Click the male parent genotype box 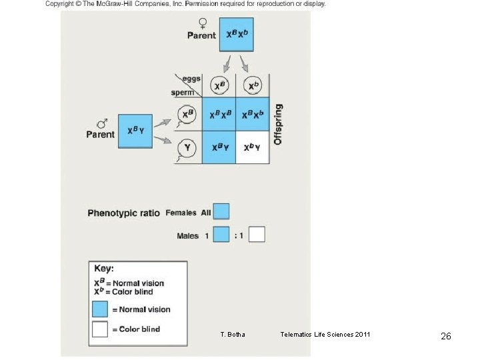coord(135,131)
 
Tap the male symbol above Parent coord(103,123)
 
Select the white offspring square coord(252,147)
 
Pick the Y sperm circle coord(187,148)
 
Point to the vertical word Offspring coord(279,124)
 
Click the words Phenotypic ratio coord(123,213)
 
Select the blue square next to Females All coord(221,212)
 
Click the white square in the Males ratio coord(257,235)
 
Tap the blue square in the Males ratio coord(221,235)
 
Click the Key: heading coord(104,268)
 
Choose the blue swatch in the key coord(100,309)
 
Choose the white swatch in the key coord(100,329)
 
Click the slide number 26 coord(446,337)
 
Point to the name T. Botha coord(232,335)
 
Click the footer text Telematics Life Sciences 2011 coord(325,335)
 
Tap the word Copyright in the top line coord(61,4)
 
